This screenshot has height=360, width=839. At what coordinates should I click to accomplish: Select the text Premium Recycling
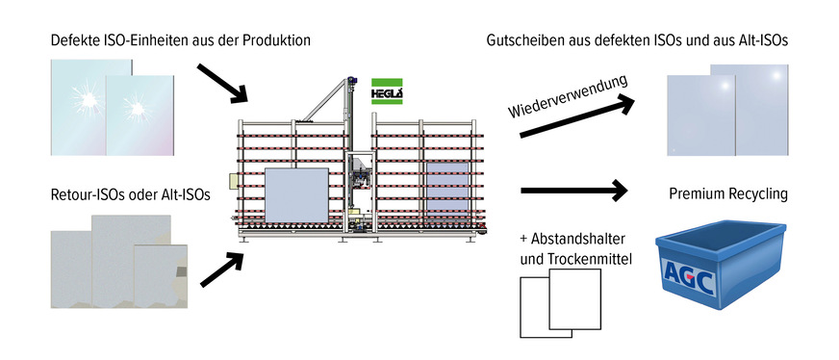tap(728, 194)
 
